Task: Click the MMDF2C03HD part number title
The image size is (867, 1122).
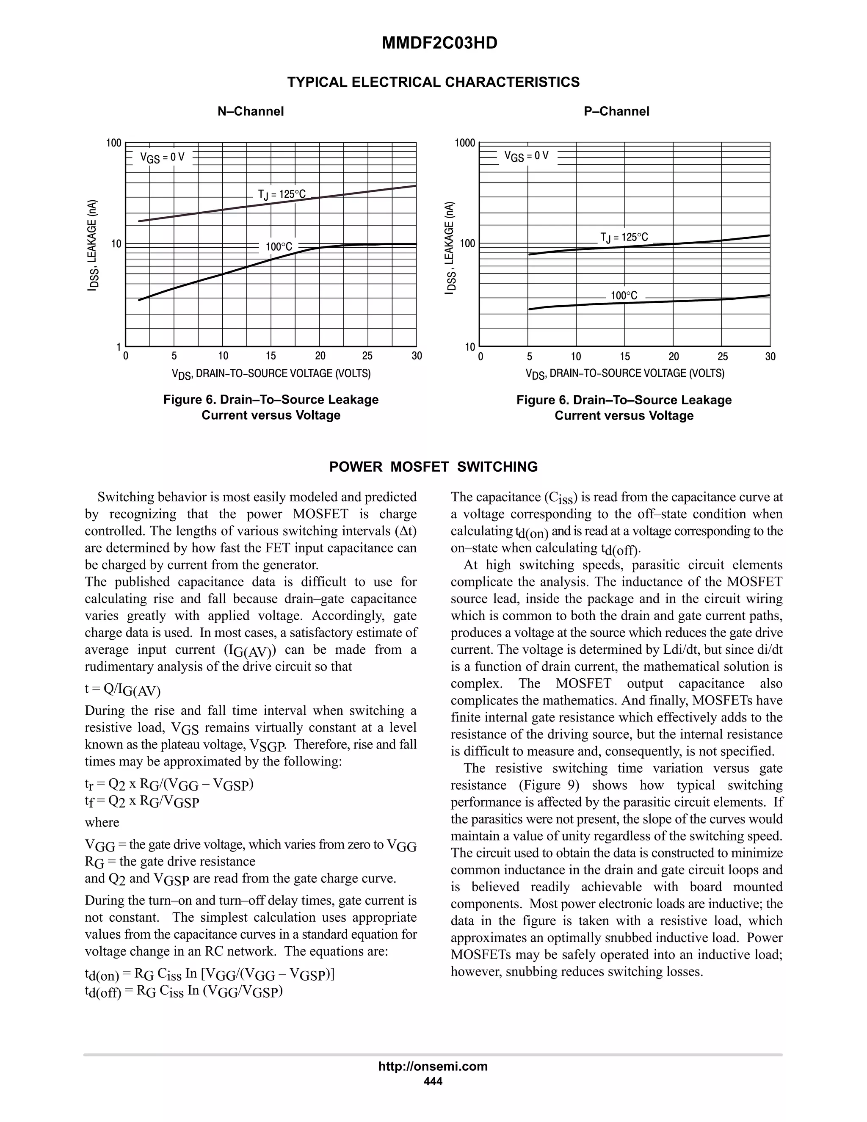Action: click(x=439, y=43)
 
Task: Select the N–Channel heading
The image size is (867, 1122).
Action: click(x=251, y=111)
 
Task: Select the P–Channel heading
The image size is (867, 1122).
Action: click(x=616, y=111)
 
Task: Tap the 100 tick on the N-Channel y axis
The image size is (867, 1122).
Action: click(x=113, y=143)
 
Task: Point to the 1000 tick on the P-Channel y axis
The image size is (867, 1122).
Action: click(x=465, y=143)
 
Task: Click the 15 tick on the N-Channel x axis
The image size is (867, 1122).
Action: click(x=271, y=356)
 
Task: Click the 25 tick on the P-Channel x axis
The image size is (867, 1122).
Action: click(x=722, y=356)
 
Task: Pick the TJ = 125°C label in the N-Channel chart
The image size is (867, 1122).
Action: click(x=282, y=194)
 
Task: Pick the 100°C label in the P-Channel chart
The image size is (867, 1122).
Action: click(x=624, y=296)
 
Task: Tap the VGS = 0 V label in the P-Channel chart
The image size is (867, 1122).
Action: click(x=527, y=156)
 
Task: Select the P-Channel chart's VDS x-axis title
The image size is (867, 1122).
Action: click(x=624, y=374)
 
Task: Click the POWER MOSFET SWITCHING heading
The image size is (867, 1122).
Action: click(x=433, y=467)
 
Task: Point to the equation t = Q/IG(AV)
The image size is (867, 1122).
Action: click(x=122, y=689)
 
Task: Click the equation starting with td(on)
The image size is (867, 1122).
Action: click(x=210, y=975)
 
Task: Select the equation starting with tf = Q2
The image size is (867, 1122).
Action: click(x=142, y=801)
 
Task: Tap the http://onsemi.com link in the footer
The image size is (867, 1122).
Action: click(x=433, y=1066)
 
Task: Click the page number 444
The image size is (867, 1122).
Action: click(x=433, y=1081)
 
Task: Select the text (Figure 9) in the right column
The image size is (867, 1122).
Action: click(x=549, y=785)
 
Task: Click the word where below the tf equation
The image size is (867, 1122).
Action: click(x=102, y=823)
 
